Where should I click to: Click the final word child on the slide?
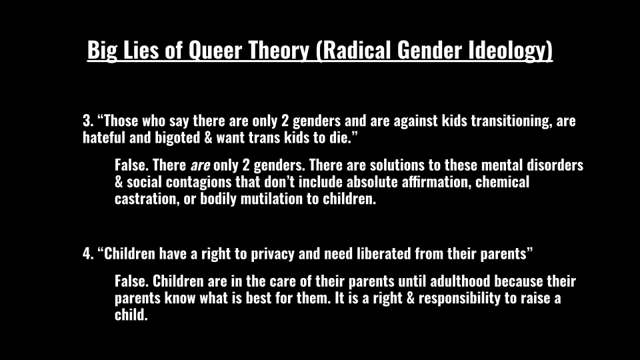(131, 315)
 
